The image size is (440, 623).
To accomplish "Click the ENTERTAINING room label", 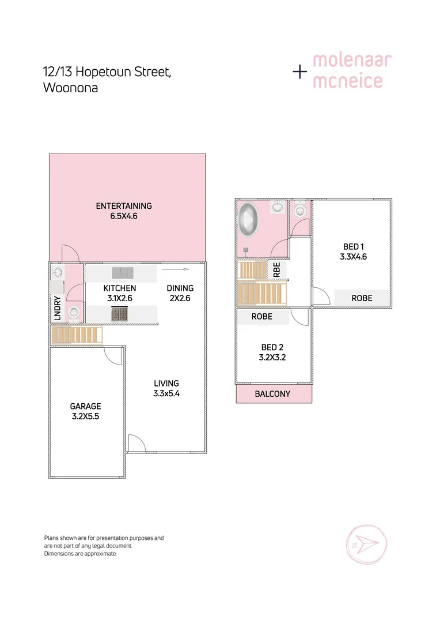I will pyautogui.click(x=124, y=206).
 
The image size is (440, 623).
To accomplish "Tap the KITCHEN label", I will pyautogui.click(x=120, y=288).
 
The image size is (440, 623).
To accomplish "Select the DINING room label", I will pyautogui.click(x=180, y=288).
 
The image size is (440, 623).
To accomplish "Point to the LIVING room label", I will pyautogui.click(x=166, y=383).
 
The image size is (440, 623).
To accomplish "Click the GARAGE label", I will pyautogui.click(x=85, y=406).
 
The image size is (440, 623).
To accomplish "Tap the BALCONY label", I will pyautogui.click(x=272, y=395).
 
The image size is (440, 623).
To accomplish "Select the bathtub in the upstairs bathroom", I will pyautogui.click(x=249, y=219).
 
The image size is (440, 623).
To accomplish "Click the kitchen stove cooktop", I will pyautogui.click(x=119, y=314).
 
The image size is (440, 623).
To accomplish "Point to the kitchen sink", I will pyautogui.click(x=122, y=272).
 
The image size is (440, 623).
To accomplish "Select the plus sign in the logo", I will pyautogui.click(x=300, y=72).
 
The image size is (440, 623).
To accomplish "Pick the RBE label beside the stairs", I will pyautogui.click(x=276, y=270).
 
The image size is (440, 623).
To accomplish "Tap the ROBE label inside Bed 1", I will pyautogui.click(x=362, y=298).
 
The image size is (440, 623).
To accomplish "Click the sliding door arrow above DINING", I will pyautogui.click(x=176, y=269).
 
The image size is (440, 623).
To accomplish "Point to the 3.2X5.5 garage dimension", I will pyautogui.click(x=85, y=416).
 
